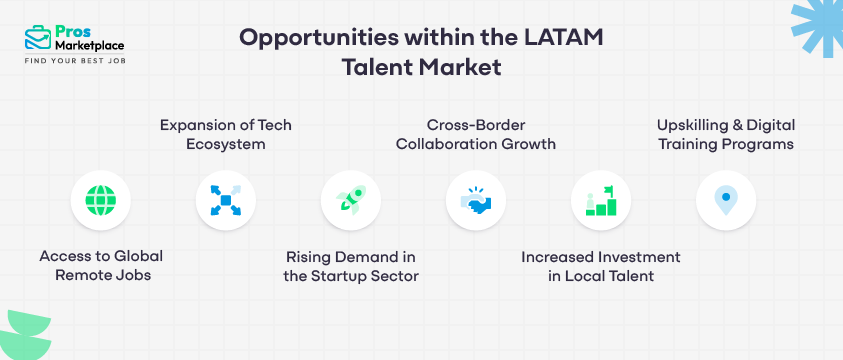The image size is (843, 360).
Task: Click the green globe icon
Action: tap(101, 201)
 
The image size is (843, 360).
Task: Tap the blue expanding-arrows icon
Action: tap(226, 201)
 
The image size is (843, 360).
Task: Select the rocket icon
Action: tap(351, 201)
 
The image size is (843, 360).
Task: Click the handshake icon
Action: tap(476, 201)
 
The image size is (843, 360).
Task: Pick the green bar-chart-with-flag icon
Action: tap(601, 201)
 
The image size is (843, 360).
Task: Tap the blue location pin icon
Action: tap(726, 201)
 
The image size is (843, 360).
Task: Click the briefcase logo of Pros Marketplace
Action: tap(37, 38)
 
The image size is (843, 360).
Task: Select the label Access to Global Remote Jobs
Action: tap(101, 265)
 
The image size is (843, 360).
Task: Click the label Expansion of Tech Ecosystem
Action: tap(226, 134)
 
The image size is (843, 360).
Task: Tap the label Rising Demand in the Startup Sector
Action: tap(351, 265)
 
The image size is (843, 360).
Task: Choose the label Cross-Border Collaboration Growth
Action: tap(476, 134)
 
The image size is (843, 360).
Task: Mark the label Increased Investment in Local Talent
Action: tap(601, 265)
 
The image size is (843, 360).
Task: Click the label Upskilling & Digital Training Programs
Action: tap(726, 134)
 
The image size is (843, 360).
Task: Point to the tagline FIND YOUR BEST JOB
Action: tap(75, 61)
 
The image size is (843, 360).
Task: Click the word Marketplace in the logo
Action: tap(90, 45)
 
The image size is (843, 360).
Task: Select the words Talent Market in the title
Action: tap(421, 70)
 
